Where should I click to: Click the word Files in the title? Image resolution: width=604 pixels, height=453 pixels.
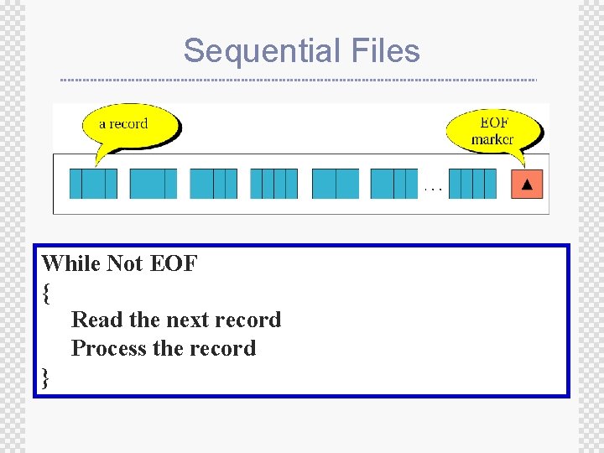(387, 51)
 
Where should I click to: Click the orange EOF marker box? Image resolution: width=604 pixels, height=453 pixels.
(527, 184)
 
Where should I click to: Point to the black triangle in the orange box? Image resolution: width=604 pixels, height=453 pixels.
(527, 184)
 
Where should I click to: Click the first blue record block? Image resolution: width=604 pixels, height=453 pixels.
(93, 184)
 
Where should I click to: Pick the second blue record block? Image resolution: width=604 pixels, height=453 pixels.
(154, 184)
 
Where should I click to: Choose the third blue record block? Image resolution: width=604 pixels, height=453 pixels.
(214, 184)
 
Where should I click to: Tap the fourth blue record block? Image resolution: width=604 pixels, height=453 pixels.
(274, 184)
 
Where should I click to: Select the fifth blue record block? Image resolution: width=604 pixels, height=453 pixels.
(336, 184)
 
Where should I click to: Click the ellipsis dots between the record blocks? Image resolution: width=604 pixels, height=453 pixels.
(433, 190)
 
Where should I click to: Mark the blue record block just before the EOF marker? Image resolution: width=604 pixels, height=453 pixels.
(478, 184)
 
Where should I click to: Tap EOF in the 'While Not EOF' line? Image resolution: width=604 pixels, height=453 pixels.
(174, 263)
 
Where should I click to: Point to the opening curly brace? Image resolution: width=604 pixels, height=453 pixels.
(46, 293)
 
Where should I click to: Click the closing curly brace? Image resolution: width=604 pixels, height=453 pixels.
(46, 378)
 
